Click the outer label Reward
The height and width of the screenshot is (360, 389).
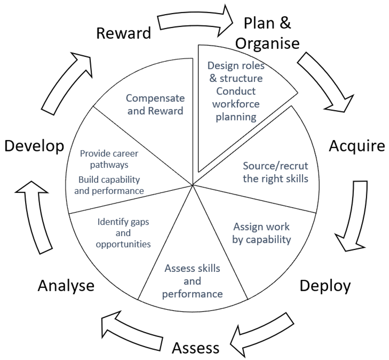coord(123,33)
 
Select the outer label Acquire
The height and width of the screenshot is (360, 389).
coord(357,146)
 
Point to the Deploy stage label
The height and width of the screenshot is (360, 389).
coord(325,286)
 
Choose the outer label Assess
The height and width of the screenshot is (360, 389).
coord(195,348)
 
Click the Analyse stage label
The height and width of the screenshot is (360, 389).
coord(66,286)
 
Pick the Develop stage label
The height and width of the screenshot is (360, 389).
coord(34,146)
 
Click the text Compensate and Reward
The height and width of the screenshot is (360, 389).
coord(155,104)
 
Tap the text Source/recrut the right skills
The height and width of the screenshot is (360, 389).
coord(275,172)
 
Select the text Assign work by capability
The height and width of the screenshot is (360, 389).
coord(262,233)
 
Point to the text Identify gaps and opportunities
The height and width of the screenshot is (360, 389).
coord(123,233)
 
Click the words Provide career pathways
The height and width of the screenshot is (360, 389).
coord(109,159)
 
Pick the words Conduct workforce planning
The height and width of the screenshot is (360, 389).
coord(236,104)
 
